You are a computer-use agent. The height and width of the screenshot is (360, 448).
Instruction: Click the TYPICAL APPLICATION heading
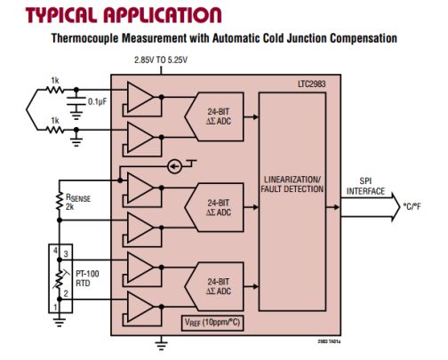pos(124,15)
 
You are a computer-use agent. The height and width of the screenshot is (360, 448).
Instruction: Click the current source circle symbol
pos(174,165)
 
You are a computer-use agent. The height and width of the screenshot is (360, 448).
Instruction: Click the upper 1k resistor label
pos(55,80)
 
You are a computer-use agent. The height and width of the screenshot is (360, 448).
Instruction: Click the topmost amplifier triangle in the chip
pos(140,95)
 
